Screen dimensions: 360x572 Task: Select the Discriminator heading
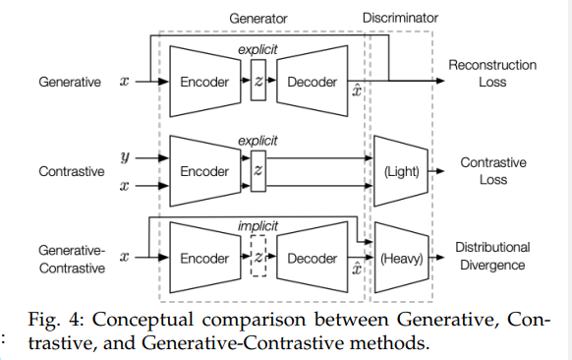pyautogui.click(x=400, y=17)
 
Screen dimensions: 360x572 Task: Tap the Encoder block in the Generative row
pyautogui.click(x=203, y=83)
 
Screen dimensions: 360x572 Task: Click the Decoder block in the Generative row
pyautogui.click(x=312, y=83)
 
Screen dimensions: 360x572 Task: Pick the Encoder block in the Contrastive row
pyautogui.click(x=203, y=171)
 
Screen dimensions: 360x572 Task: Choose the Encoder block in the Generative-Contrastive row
pyautogui.click(x=203, y=259)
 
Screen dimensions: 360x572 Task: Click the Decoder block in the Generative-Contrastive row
pyautogui.click(x=312, y=259)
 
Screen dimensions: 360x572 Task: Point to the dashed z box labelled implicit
pyautogui.click(x=258, y=259)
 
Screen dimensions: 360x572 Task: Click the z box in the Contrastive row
pyautogui.click(x=258, y=171)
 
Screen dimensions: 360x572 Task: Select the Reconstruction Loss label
pyautogui.click(x=492, y=74)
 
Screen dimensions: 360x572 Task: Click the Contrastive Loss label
pyautogui.click(x=492, y=171)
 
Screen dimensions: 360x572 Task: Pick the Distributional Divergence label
pyautogui.click(x=492, y=256)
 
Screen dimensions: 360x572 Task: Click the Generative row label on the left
pyautogui.click(x=70, y=83)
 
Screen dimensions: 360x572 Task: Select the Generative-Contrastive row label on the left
pyautogui.click(x=70, y=259)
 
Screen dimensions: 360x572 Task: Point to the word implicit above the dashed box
pyautogui.click(x=257, y=226)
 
